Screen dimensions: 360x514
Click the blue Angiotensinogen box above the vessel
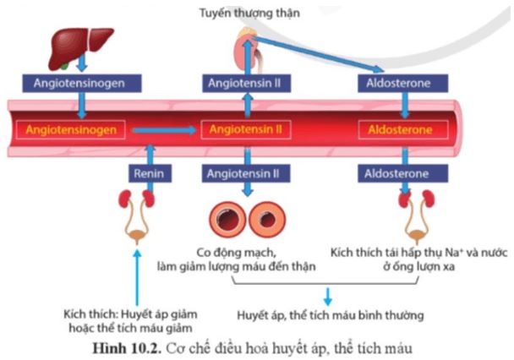point(77,85)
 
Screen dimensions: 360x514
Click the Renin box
point(152,175)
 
